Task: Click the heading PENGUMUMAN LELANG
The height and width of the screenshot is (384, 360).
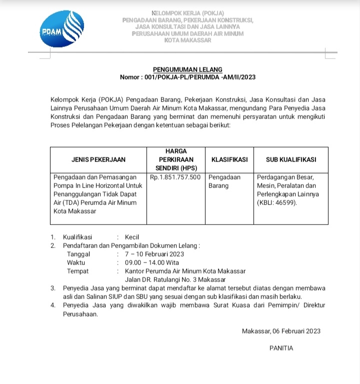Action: [x=187, y=69]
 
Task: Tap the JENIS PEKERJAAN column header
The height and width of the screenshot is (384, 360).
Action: [x=97, y=159]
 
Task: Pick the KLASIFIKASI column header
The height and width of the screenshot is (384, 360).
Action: [x=229, y=159]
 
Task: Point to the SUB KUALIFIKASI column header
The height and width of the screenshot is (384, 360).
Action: [x=290, y=159]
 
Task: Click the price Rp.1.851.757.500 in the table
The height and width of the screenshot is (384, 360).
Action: [x=175, y=177]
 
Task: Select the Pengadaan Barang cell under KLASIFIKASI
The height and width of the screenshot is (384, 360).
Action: [x=224, y=181]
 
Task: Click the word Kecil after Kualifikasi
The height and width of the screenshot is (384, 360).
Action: [x=132, y=237]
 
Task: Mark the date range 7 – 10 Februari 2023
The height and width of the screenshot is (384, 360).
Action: [x=154, y=254]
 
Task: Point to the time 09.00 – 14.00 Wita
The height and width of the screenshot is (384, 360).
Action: [x=152, y=262]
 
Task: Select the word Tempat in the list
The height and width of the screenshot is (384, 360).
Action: [x=77, y=271]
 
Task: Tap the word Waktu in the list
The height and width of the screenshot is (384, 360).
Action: [x=76, y=262]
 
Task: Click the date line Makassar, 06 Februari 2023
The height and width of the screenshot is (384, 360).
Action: [x=281, y=331]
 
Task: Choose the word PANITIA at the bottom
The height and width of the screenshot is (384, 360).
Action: [x=281, y=348]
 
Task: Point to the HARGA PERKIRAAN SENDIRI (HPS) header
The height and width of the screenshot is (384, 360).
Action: [x=175, y=159]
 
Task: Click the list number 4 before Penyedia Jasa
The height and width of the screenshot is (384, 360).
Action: [x=53, y=305]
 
